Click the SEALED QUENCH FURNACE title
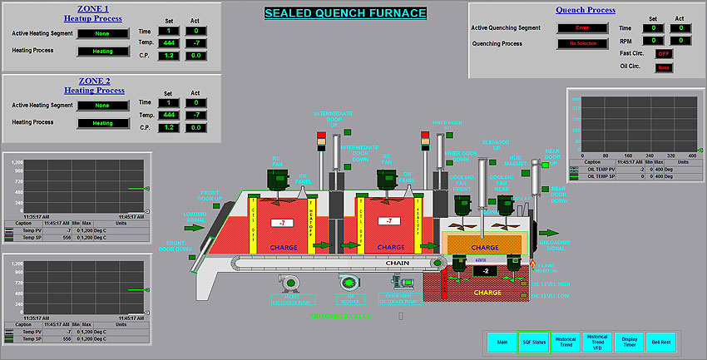(x=345, y=13)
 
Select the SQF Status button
(x=533, y=342)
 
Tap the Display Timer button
(x=629, y=342)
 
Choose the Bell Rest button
(x=661, y=342)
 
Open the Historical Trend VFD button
(x=596, y=342)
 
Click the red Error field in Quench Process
(x=581, y=27)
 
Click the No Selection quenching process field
(x=581, y=43)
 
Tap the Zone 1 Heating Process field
(x=102, y=51)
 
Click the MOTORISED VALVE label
(x=341, y=317)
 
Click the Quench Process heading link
(x=586, y=10)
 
